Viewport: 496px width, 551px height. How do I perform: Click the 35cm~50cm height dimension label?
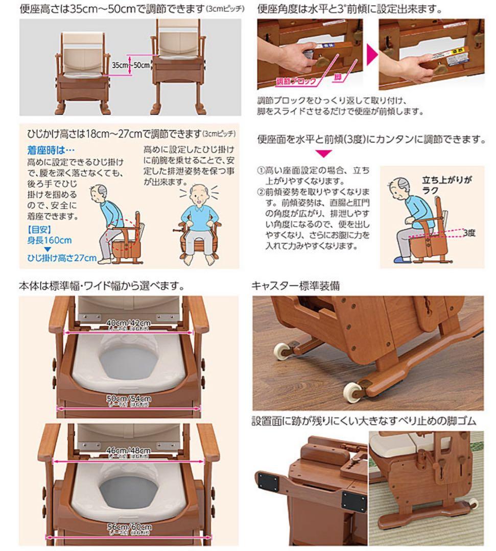131,65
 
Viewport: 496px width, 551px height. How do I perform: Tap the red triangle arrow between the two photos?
371,55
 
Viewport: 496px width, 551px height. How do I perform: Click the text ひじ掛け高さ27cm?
62,258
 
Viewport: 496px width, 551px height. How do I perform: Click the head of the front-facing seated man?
198,194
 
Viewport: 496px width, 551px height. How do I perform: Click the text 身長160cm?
49,240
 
